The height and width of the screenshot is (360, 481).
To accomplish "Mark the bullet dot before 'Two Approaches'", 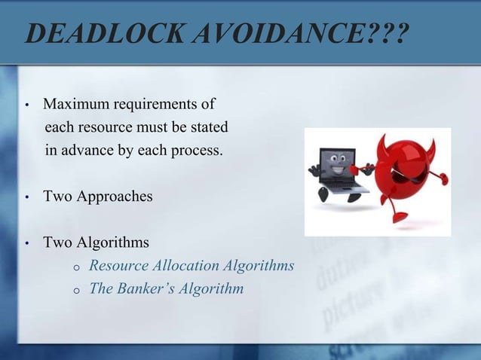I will tap(27, 198).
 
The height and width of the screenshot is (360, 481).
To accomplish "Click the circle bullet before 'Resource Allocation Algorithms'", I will tap(76, 267).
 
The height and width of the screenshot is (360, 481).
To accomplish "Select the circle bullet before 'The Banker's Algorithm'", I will tap(76, 289).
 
